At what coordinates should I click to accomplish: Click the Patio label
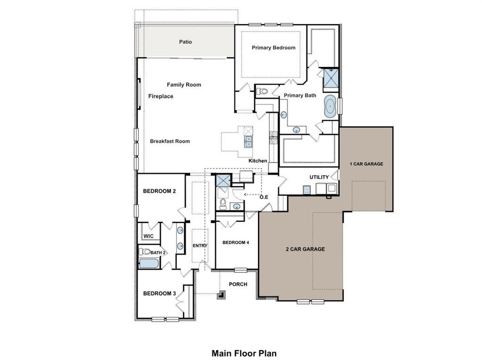click(x=185, y=42)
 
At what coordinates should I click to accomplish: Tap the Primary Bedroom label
click(x=273, y=48)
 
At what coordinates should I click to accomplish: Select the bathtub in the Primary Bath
click(x=330, y=106)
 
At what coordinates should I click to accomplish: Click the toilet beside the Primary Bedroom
click(x=263, y=91)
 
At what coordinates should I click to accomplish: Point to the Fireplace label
click(x=161, y=96)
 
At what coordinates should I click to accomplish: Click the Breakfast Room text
click(x=170, y=141)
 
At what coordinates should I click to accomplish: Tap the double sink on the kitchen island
click(x=248, y=141)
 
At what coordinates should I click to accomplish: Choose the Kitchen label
click(x=258, y=161)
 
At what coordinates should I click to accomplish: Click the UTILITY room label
click(x=319, y=177)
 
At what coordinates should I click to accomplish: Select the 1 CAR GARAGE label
click(x=366, y=164)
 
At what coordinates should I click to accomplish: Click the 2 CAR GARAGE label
click(x=305, y=249)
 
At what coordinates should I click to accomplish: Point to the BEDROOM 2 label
click(x=159, y=191)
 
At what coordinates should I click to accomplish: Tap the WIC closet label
click(x=149, y=236)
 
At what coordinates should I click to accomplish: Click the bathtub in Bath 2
click(x=149, y=263)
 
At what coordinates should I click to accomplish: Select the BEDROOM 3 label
click(x=159, y=294)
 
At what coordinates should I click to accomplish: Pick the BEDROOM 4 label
click(x=236, y=242)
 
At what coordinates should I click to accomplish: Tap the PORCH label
click(x=238, y=284)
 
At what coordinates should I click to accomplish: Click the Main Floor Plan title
click(x=244, y=352)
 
